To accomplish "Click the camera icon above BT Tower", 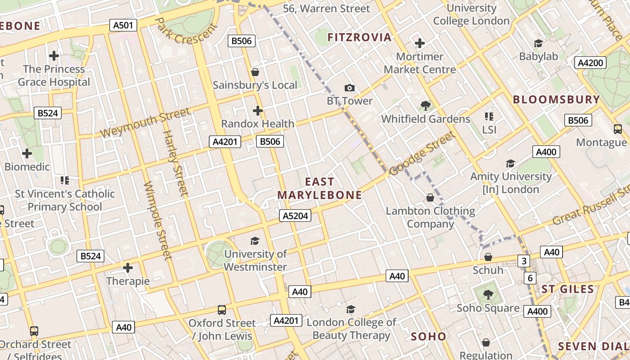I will (349, 88).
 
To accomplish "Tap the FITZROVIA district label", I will (359, 37).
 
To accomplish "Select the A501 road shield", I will (123, 25).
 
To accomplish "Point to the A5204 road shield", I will (295, 216).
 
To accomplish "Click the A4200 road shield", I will (590, 63).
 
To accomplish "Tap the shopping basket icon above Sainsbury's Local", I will (255, 72).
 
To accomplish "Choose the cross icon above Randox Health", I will (257, 110).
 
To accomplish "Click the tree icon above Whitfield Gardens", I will (425, 106).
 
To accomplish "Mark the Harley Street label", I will (175, 163).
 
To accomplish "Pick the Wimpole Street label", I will (158, 220).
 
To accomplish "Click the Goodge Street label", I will (422, 153).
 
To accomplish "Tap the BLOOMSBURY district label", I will (556, 99).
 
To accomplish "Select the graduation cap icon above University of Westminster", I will (255, 241).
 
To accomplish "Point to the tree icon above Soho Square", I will (488, 295).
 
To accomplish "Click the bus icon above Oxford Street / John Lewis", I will (222, 310).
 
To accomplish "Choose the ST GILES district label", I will (567, 289).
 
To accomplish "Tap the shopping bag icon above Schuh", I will (488, 257).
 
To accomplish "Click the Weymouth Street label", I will (145, 123).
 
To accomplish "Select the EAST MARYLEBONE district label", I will (319, 189).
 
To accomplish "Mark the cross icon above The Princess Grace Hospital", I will (54, 56).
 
